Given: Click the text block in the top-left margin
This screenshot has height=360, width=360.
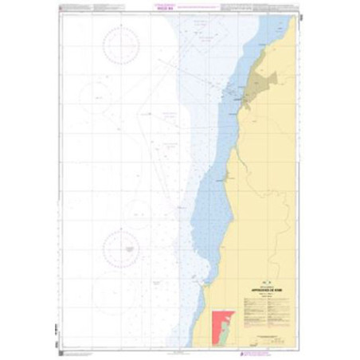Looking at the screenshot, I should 88,9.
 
